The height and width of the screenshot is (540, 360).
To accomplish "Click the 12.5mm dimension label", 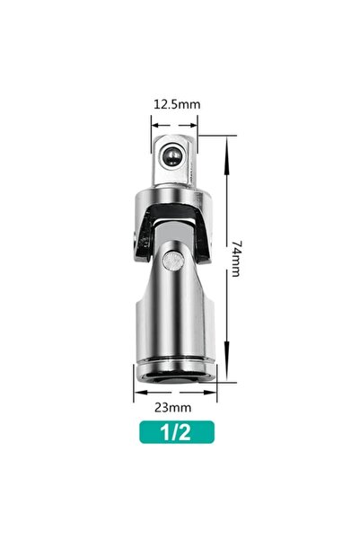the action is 177,104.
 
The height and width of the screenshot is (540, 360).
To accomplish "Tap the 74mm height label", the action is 236,259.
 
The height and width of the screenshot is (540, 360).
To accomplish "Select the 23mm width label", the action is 172,407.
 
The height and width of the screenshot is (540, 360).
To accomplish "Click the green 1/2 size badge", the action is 177,432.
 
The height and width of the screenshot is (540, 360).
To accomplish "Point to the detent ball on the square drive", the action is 171,156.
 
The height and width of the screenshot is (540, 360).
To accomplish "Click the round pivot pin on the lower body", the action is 172,261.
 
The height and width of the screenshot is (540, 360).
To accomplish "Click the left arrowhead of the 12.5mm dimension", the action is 155,126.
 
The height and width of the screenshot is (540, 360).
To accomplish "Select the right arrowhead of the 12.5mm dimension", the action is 193,126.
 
